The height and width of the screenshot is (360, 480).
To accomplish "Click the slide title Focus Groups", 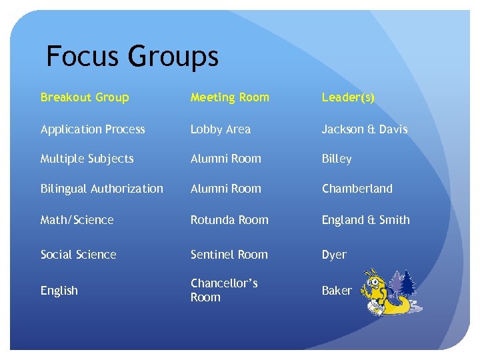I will (x=132, y=57).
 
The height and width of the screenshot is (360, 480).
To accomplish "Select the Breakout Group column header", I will (x=85, y=97).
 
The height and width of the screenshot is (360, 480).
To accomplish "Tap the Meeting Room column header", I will (x=230, y=97).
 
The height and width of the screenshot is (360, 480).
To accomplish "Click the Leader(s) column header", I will (x=348, y=97).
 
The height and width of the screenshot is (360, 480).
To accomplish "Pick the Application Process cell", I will (x=93, y=129).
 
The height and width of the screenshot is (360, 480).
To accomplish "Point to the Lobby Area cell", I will (x=221, y=129).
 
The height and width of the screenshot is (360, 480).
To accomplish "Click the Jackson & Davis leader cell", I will (x=365, y=129).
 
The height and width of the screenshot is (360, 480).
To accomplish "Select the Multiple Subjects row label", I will (x=87, y=159).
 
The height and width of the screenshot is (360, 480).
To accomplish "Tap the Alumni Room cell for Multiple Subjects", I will (x=226, y=159).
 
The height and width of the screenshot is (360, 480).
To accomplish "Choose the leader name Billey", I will (x=337, y=159).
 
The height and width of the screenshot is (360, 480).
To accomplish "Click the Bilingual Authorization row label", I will (x=102, y=189).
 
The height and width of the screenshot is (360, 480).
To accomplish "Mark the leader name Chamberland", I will (x=357, y=189).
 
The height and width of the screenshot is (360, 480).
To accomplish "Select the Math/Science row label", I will (x=77, y=220).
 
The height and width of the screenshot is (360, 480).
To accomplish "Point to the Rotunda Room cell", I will (x=229, y=220).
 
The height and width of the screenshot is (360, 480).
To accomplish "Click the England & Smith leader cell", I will (x=366, y=220).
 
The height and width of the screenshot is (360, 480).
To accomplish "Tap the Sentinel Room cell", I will (x=229, y=255).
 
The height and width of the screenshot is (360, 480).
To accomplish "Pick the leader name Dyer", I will (x=334, y=255).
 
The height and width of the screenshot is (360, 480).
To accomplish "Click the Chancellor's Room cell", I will (x=224, y=290).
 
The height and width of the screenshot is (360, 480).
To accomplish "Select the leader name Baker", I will (x=337, y=291).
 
